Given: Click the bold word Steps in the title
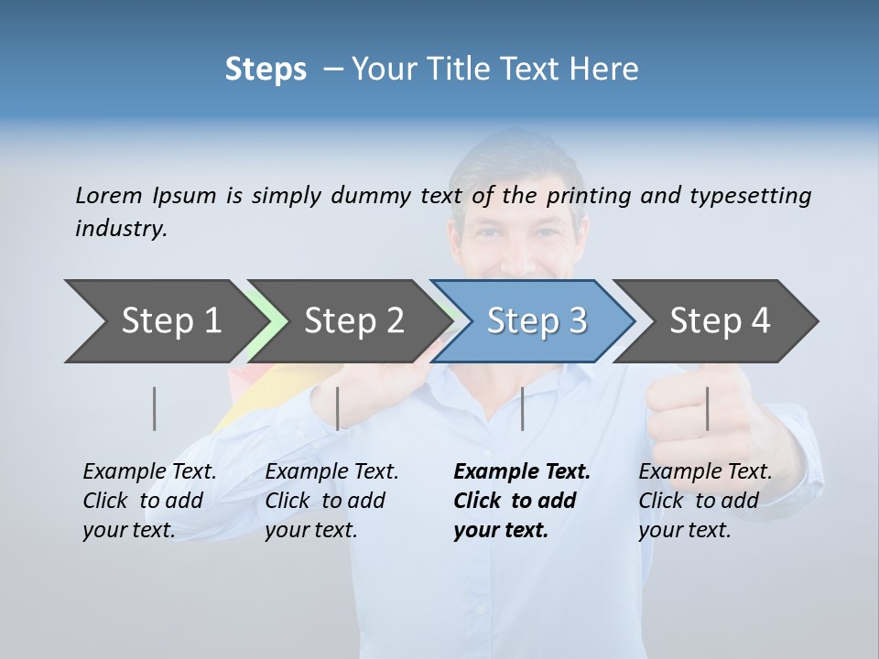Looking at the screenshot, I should pos(266,70).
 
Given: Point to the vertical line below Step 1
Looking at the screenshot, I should pos(155,408).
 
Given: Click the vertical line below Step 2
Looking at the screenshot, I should pos(338,408).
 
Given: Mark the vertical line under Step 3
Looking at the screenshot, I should pos(523,408).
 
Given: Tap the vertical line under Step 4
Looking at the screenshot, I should pos(708,408).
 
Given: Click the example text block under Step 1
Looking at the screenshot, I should pos(149,501).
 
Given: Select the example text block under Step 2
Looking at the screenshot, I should pos(331,501).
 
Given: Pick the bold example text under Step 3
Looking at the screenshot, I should pos(522,501).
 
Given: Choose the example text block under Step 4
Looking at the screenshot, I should pos(705,501).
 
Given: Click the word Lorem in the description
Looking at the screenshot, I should pos(109,195).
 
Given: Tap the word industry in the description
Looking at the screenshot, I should pos(121,228).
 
